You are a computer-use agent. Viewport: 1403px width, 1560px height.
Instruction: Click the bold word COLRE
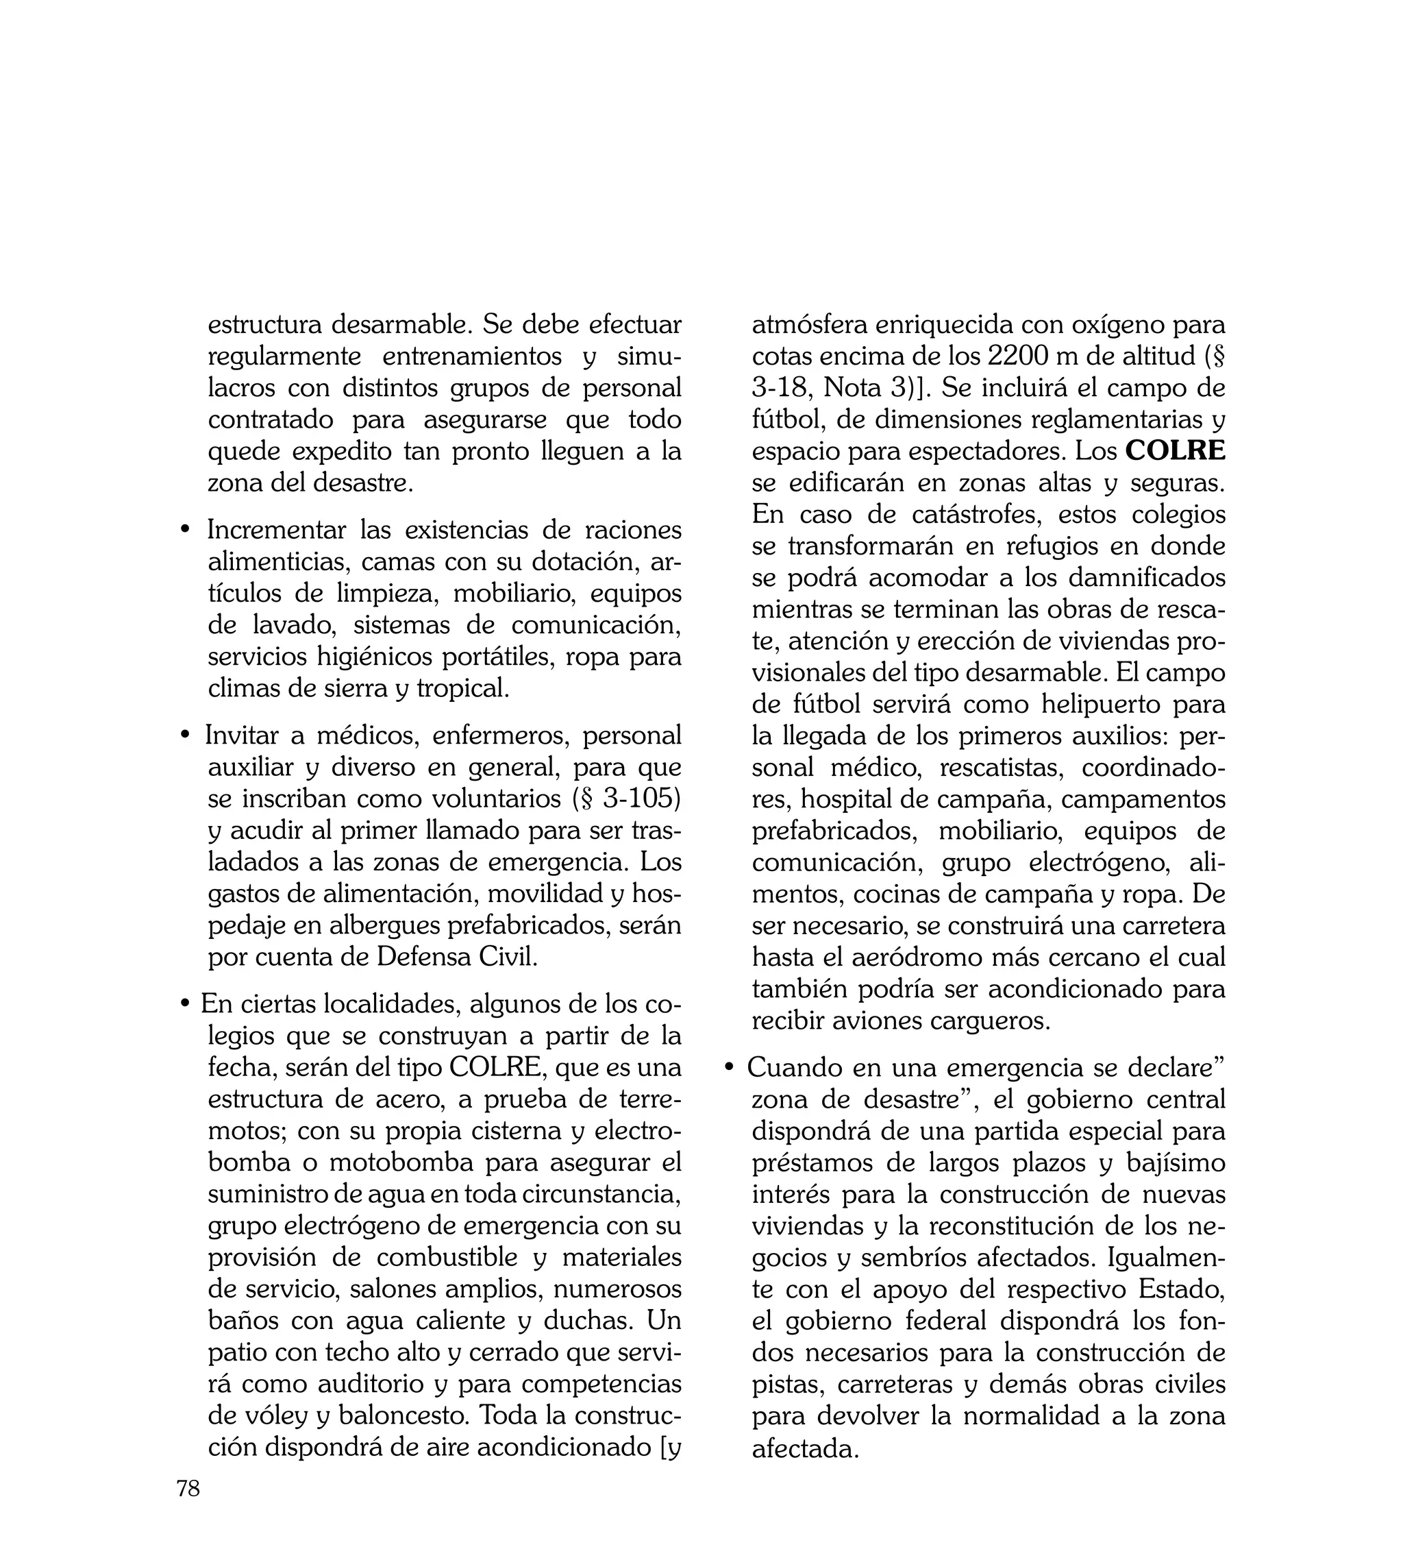tap(1175, 451)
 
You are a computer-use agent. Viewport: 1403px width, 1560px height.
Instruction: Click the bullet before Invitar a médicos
tap(184, 735)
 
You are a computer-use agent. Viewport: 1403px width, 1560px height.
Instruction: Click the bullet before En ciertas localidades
tap(184, 1005)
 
